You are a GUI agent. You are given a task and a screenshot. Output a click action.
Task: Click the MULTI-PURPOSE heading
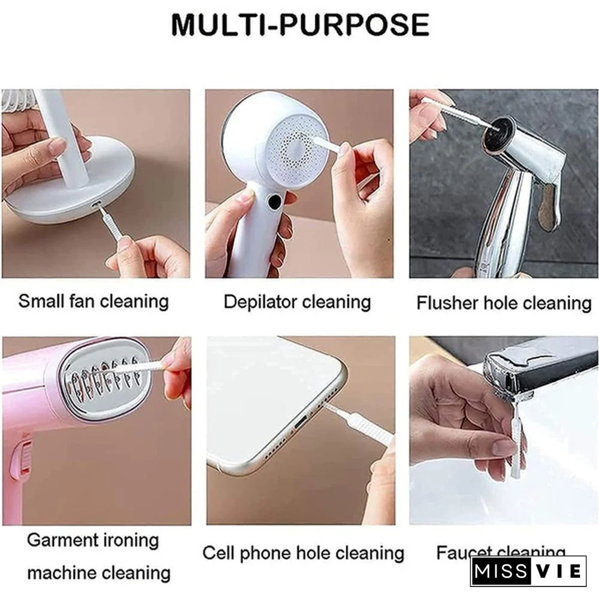tap(300, 25)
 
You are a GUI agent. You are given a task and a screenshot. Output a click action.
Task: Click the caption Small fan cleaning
tap(93, 301)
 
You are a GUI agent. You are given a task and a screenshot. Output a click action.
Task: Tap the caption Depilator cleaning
tap(297, 301)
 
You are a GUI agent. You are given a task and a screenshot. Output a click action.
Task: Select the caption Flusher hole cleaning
tap(504, 302)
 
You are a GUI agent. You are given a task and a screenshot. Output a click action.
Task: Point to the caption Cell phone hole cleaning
tap(303, 552)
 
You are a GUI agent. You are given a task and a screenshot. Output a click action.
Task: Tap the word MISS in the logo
tap(500, 571)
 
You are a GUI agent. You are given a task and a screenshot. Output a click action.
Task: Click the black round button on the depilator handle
tap(274, 202)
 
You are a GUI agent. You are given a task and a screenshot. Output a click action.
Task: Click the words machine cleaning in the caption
tap(99, 573)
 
